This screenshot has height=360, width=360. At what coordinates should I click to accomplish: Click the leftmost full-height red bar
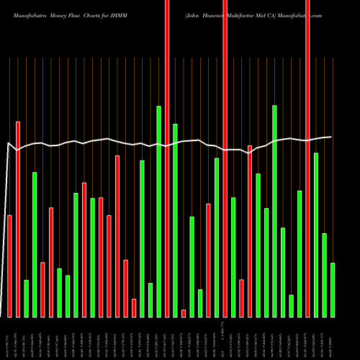(x=167, y=158)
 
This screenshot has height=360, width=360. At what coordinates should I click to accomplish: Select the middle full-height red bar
(x=225, y=158)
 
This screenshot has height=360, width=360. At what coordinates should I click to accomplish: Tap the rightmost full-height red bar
(x=307, y=158)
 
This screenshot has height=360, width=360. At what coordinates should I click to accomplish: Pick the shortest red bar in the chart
(x=184, y=313)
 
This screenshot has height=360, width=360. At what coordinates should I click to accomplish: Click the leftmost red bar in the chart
(x=9, y=266)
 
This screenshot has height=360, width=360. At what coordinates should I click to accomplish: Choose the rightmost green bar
(x=333, y=289)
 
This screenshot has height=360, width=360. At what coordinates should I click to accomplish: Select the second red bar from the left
(x=18, y=220)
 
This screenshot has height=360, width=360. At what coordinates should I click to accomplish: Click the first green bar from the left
(x=26, y=298)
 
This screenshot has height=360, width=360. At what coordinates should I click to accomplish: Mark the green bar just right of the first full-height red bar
(x=175, y=220)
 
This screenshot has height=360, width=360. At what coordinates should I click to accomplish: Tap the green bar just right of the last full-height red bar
(x=316, y=235)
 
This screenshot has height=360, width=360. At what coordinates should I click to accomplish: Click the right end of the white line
(x=331, y=137)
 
